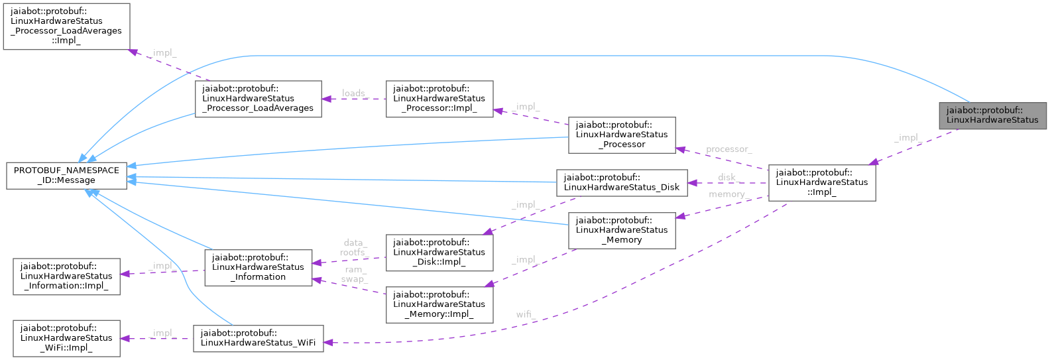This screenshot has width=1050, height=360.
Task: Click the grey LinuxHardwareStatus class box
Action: click(992, 115)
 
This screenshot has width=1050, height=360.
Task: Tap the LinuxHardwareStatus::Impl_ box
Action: click(821, 182)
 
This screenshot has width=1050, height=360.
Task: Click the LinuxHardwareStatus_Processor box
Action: click(621, 135)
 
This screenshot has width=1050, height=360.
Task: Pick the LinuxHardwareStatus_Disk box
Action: click(621, 182)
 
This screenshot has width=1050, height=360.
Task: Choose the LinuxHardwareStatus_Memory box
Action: click(621, 230)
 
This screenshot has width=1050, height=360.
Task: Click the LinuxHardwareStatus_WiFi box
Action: click(258, 338)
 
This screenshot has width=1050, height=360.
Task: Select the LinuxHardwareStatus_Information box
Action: click(258, 267)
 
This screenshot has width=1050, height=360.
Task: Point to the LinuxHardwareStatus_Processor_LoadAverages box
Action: click(257, 99)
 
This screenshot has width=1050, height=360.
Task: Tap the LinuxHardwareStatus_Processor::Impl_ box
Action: click(439, 99)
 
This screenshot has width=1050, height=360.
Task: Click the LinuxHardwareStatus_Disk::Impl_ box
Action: click(439, 253)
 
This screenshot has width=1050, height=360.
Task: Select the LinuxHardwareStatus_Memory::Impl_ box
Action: click(439, 304)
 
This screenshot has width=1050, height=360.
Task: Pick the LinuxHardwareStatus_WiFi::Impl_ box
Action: click(66, 338)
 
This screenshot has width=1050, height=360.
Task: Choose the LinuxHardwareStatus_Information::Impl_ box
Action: click(66, 276)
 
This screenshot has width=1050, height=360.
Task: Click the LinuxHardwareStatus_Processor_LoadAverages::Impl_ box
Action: click(66, 26)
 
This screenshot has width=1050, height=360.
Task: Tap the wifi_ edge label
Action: click(526, 314)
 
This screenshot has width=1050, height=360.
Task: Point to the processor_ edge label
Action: click(729, 149)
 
